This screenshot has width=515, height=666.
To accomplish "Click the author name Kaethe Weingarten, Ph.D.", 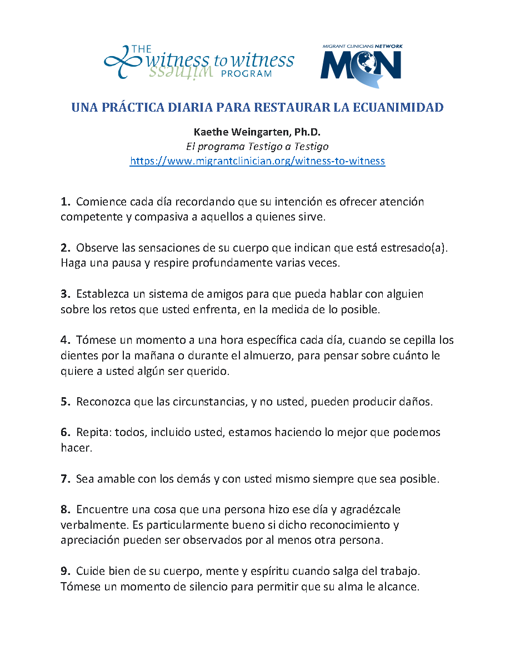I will click(257, 133).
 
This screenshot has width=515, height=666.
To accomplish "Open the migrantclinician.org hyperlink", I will click(257, 161).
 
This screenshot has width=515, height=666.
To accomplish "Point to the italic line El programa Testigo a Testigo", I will click(257, 147).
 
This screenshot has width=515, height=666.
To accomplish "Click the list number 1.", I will click(65, 202).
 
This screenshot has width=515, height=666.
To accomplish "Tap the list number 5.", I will click(65, 402).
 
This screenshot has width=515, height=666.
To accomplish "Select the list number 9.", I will click(65, 571).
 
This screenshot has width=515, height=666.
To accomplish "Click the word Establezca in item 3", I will click(102, 293).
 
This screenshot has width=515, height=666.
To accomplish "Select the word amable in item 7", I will click(115, 479).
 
